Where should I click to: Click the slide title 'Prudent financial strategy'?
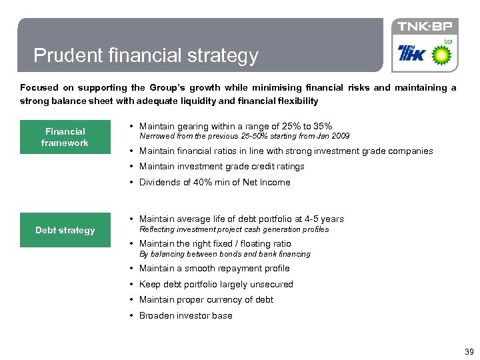tap(145, 55)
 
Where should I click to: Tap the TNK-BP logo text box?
tap(425, 27)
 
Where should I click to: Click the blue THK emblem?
tap(411, 53)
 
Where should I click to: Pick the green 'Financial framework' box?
tap(65, 137)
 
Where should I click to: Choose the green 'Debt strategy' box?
tap(65, 231)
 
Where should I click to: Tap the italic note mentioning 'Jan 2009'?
tap(244, 137)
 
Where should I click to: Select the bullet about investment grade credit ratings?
tap(221, 167)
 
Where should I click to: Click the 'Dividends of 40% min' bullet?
tap(214, 183)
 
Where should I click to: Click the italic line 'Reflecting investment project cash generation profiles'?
tap(233, 229)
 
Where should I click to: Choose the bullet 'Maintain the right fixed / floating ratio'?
tap(215, 244)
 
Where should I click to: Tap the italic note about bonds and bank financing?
tap(225, 254)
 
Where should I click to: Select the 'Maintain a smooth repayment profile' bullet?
tap(214, 269)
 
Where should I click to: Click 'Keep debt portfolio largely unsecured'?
tap(216, 285)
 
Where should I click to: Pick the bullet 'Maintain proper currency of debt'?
tap(206, 300)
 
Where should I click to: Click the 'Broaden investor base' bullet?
tap(185, 316)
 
